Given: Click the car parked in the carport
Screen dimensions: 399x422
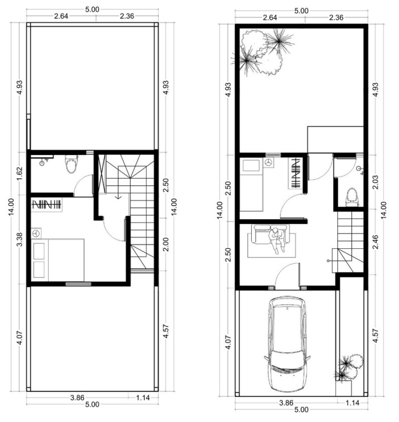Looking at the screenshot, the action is click(287, 344).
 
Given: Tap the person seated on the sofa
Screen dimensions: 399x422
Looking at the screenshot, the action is click(277, 240).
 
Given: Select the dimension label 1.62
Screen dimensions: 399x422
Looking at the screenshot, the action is click(20, 174).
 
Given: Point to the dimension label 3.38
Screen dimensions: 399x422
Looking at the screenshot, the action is click(20, 239).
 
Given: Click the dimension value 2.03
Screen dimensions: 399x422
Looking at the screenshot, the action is click(375, 182).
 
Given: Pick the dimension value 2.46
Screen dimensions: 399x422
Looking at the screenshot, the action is click(375, 242).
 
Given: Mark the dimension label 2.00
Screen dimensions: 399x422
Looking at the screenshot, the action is click(166, 244).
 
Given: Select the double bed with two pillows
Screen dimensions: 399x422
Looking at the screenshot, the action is click(57, 260).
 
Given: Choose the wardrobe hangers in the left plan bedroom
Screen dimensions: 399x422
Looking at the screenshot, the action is click(47, 205).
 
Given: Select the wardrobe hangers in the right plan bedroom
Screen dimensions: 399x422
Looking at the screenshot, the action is click(295, 173).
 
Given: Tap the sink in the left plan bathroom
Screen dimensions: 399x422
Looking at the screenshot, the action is click(42, 162).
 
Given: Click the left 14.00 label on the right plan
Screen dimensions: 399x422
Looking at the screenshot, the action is click(220, 210).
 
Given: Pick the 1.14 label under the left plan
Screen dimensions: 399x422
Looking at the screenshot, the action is click(143, 398).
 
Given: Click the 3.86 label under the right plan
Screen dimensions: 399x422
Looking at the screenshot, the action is click(286, 403).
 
